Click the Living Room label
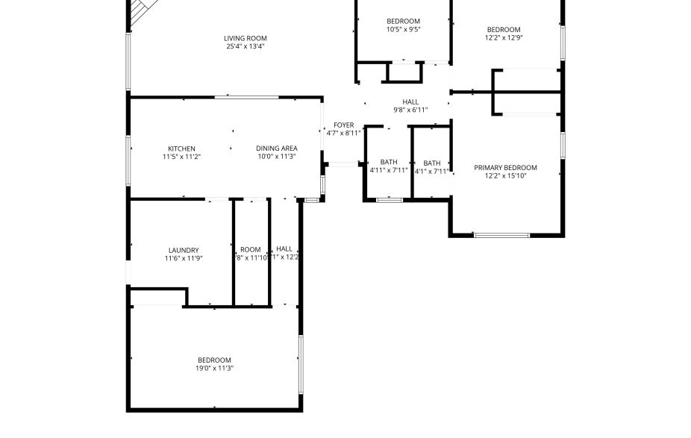tap(246, 38)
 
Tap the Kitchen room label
tap(181, 148)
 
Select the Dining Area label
tap(277, 148)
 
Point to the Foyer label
tap(343, 125)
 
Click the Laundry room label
tap(184, 250)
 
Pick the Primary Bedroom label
tap(505, 168)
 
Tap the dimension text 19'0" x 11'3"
tap(214, 368)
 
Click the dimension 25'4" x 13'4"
tap(246, 46)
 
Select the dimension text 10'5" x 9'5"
tap(403, 30)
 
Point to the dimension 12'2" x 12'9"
tap(503, 38)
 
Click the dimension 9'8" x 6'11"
tap(410, 110)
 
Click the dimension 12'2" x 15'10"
tap(505, 176)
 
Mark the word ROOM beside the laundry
tap(251, 250)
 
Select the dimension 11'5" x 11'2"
tap(181, 157)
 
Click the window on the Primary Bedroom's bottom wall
tap(501, 235)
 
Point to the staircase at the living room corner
tap(140, 11)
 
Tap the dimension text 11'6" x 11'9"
tap(184, 258)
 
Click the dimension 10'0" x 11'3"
tap(277, 157)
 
